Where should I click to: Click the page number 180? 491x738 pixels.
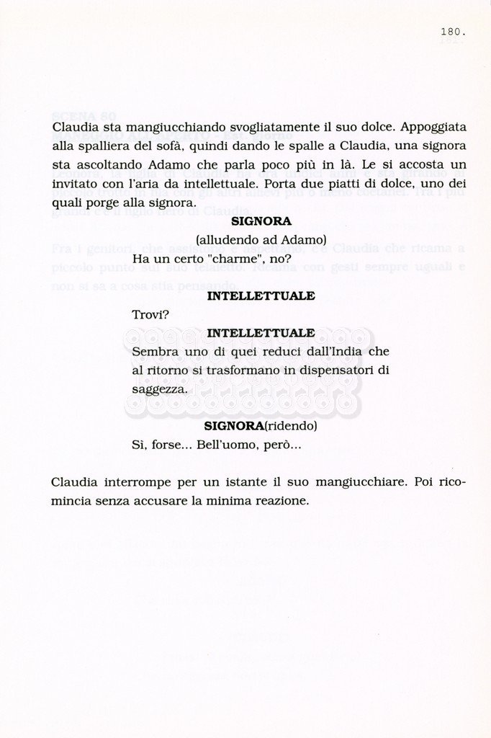[x=454, y=32]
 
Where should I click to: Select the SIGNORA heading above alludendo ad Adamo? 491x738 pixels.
[x=261, y=222]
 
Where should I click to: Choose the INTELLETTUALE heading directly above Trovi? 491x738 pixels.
[x=261, y=296]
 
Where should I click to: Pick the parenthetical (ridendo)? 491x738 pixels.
[x=289, y=427]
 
